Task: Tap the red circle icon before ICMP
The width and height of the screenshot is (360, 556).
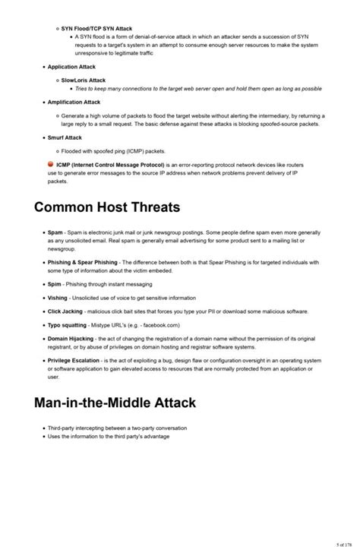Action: coord(50,164)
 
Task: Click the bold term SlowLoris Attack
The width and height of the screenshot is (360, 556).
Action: coord(83,80)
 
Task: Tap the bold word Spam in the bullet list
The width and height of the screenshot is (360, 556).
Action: coord(55,233)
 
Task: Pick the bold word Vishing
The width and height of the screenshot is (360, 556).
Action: coord(58,298)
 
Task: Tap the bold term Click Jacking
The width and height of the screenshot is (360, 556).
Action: coord(65,311)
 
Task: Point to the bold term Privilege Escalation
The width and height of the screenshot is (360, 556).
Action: coord(74,361)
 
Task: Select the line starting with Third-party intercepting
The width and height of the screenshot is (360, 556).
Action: coord(117,428)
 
